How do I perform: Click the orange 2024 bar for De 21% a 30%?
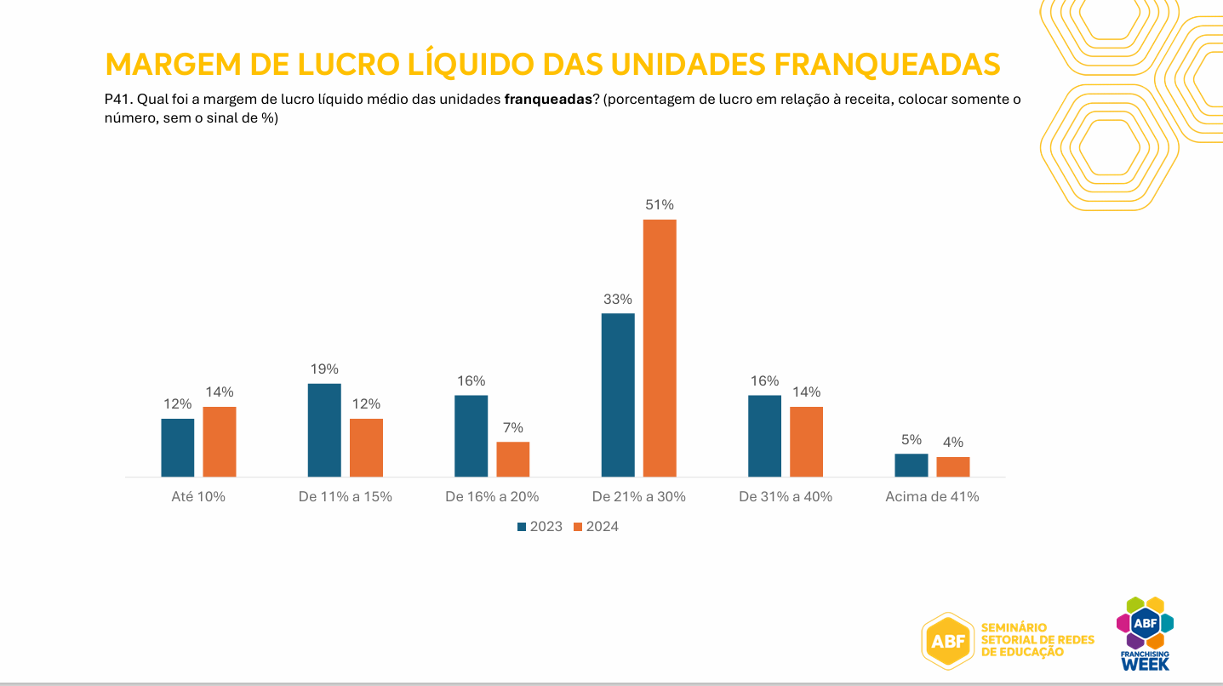(660, 348)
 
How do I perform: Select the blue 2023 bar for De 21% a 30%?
(618, 395)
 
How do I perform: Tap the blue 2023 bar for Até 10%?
(178, 448)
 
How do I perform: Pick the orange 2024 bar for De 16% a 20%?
(513, 460)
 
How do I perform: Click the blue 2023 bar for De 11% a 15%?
(324, 430)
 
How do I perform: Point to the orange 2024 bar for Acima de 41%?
(953, 467)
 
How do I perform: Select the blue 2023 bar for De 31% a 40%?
(764, 436)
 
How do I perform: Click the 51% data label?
(660, 205)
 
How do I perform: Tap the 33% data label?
(618, 299)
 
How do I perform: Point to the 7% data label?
(513, 427)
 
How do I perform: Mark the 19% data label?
(324, 369)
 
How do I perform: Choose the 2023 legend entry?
(540, 527)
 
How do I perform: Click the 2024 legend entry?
(596, 527)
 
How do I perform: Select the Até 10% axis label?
(198, 496)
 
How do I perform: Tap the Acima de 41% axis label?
(932, 496)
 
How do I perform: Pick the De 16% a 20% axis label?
(492, 496)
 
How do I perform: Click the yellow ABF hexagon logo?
(947, 641)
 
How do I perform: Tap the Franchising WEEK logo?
(1145, 634)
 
